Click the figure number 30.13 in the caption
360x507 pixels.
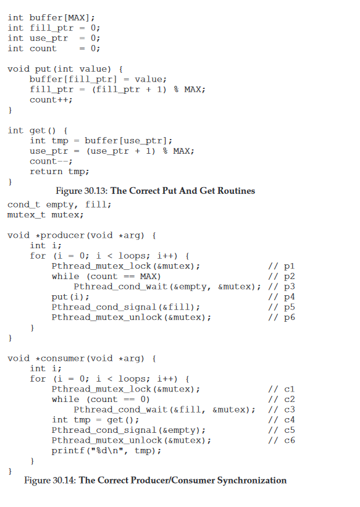pyautogui.click(x=96, y=191)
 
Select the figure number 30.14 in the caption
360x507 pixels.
pyautogui.click(x=64, y=480)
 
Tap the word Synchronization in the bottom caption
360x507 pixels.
pyautogui.click(x=252, y=480)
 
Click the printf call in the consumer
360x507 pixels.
pyautogui.click(x=106, y=451)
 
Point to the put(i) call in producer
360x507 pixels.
pyautogui.click(x=70, y=297)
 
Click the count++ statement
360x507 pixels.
pyautogui.click(x=51, y=100)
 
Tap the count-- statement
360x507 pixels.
pyautogui.click(x=51, y=161)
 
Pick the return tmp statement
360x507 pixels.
pyautogui.click(x=59, y=172)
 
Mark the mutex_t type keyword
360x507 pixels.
pyautogui.click(x=27, y=215)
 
